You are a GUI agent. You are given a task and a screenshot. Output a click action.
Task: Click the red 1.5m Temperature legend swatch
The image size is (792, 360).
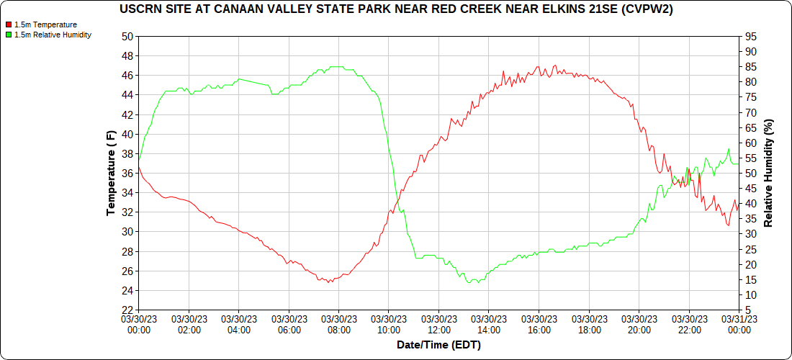pos(9,24)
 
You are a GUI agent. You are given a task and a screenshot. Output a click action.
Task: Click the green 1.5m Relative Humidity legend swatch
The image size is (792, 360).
pos(9,35)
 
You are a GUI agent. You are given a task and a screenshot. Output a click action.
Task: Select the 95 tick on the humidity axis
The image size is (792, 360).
pos(752,36)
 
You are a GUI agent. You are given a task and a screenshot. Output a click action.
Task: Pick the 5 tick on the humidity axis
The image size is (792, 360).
pos(750,310)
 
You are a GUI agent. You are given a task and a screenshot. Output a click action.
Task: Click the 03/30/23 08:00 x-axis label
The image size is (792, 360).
pos(339,324)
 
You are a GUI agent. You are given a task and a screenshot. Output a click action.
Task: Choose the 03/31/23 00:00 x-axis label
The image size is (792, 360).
pos(739,324)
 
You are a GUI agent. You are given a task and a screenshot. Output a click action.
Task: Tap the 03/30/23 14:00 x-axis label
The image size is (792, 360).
pos(489,324)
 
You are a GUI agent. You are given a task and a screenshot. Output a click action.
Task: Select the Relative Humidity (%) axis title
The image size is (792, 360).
pos(769,174)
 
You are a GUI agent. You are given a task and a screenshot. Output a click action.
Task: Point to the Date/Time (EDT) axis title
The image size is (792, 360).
pos(438,345)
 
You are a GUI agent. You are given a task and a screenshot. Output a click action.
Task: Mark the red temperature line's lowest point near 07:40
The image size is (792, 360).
pos(329,282)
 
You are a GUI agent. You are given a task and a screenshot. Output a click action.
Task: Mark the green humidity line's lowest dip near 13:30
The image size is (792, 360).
pos(469,283)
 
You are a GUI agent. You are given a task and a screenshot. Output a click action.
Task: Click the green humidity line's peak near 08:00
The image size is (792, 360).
pos(337,66)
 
